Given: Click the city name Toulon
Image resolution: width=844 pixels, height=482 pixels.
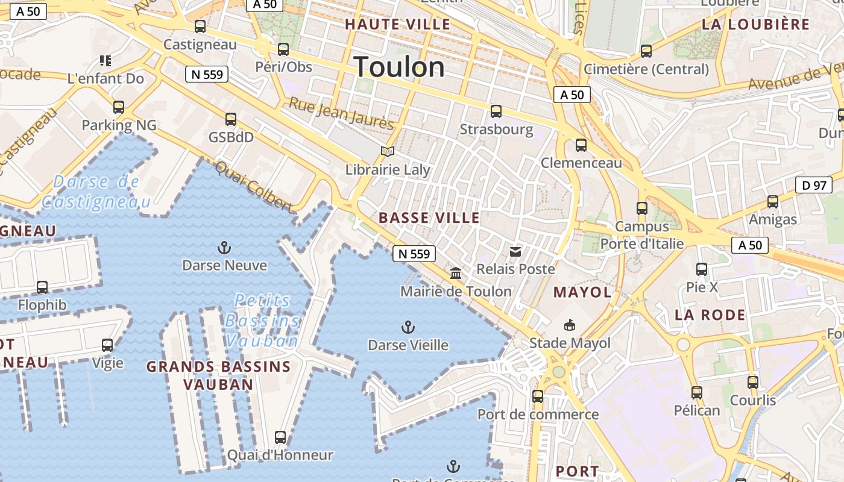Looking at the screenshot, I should [399, 67].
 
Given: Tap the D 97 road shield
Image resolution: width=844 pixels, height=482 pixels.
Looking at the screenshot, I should [814, 185].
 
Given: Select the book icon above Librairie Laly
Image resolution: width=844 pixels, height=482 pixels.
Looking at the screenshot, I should [388, 151].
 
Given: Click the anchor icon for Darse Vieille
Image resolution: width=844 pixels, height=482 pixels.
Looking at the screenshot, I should [408, 327].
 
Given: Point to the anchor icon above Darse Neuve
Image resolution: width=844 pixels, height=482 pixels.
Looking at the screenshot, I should [224, 247].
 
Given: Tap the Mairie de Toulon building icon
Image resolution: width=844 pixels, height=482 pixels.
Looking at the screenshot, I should [456, 274].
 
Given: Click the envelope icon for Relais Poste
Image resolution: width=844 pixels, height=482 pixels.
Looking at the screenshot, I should [515, 251].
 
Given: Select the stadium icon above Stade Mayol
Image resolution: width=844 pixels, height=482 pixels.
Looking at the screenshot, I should [569, 325].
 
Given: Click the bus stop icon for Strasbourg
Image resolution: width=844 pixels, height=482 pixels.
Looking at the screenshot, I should [496, 111].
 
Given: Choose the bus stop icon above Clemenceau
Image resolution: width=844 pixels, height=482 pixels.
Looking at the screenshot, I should [581, 145].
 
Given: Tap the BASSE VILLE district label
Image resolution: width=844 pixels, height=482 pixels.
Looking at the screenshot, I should [429, 218].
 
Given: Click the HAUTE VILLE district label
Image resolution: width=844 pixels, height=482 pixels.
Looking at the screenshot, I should [397, 25].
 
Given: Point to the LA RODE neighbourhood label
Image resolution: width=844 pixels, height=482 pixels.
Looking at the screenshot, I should [710, 315].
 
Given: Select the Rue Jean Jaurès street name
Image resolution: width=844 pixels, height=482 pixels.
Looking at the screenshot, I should [341, 113].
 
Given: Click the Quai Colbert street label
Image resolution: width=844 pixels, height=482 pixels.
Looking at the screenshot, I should [254, 187].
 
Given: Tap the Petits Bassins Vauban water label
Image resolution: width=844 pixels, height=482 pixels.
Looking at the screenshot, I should [262, 321].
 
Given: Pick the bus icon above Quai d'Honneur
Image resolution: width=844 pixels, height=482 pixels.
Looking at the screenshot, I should [280, 437].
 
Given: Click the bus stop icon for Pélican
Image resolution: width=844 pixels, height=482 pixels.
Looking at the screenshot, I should [697, 393].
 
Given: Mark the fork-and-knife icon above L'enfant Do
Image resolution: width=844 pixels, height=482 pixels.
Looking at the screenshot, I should [105, 60].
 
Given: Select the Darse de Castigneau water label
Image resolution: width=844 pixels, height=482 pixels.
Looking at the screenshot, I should [96, 192].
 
